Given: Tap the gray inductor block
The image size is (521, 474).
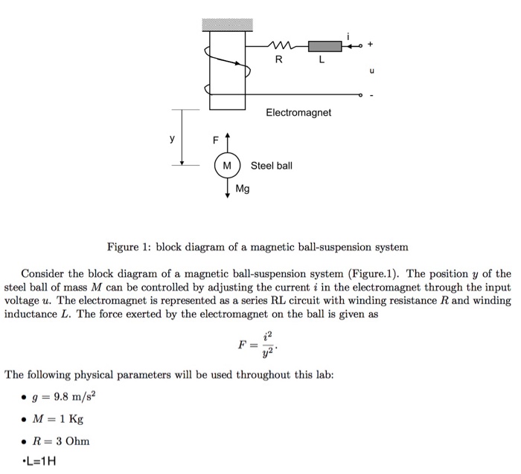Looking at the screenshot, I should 327,48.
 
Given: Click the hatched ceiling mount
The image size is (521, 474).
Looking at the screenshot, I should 228,25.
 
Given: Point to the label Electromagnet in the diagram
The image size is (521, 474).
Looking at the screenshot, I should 298,113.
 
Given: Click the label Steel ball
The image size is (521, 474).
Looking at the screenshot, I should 272,165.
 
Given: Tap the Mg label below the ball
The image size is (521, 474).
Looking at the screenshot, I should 243,189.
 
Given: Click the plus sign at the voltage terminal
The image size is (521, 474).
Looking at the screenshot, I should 371,45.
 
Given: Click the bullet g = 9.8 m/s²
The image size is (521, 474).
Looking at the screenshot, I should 67,396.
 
